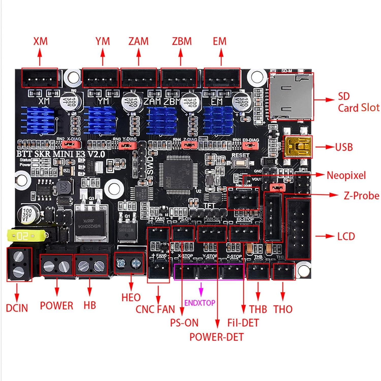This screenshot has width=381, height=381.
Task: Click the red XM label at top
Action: pos(40,41)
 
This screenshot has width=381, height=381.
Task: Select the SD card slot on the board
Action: pos(291,96)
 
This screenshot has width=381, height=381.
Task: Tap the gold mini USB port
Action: pos(297,147)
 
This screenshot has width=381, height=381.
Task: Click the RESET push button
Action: pos(240,163)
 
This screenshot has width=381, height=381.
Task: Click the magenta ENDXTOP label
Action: pos(200,303)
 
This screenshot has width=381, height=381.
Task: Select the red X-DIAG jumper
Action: pos(71,145)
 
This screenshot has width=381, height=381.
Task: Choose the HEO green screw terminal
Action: pos(130,263)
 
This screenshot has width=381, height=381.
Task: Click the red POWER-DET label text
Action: pos(216,337)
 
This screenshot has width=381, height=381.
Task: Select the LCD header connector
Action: pos(298,229)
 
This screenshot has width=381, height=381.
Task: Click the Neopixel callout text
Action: pos(346,175)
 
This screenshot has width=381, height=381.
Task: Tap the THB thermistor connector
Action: pos(258,272)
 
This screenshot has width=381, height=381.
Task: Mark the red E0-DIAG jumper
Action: pos(250,146)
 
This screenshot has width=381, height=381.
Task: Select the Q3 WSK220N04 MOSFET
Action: pos(90,224)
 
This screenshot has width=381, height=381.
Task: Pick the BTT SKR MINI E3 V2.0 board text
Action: pos(61,154)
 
